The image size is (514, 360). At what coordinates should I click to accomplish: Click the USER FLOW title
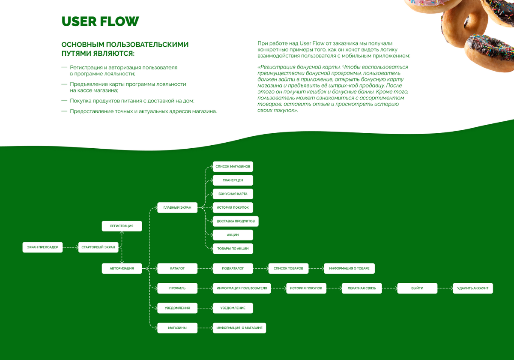pyautogui.click(x=100, y=21)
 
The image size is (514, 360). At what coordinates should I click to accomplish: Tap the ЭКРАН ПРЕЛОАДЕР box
pyautogui.click(x=42, y=247)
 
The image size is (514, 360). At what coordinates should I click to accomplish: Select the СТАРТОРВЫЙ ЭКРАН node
pyautogui.click(x=98, y=247)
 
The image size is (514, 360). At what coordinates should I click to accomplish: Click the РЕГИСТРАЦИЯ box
pyautogui.click(x=122, y=226)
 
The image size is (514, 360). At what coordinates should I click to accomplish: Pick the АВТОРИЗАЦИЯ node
pyautogui.click(x=122, y=268)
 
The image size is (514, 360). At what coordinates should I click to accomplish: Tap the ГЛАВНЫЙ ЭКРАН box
pyautogui.click(x=177, y=207)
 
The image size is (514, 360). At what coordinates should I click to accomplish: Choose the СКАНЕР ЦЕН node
pyautogui.click(x=233, y=180)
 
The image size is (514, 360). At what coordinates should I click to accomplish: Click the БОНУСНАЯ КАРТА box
pyautogui.click(x=233, y=194)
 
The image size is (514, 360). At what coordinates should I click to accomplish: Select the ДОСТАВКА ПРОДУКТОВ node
pyautogui.click(x=236, y=221)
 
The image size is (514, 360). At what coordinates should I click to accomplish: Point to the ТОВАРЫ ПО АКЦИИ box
pyautogui.click(x=233, y=249)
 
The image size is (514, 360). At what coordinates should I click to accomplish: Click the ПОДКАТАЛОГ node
pyautogui.click(x=233, y=268)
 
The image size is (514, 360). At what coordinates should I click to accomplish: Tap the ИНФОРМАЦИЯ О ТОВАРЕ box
pyautogui.click(x=349, y=268)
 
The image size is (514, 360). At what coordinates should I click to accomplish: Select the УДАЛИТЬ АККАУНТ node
pyautogui.click(x=473, y=288)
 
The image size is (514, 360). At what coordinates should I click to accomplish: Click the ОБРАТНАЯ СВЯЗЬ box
pyautogui.click(x=362, y=288)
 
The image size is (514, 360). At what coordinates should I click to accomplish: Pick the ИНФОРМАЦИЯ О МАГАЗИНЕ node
pyautogui.click(x=239, y=328)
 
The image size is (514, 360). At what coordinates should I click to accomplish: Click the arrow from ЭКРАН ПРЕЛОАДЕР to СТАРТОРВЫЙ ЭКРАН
pyautogui.click(x=70, y=247)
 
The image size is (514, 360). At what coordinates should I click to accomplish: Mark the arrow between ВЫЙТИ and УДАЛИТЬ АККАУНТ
pyautogui.click(x=445, y=288)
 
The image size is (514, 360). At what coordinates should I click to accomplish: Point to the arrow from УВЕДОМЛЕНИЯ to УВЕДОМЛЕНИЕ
pyautogui.click(x=205, y=308)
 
